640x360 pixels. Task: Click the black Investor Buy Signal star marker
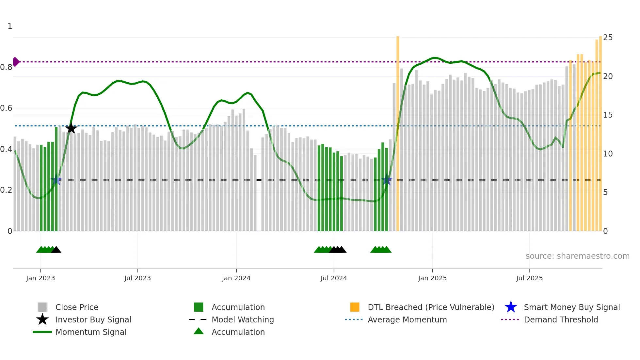click(x=71, y=128)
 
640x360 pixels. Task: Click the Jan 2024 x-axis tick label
click(x=236, y=278)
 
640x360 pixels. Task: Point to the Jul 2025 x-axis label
click(x=529, y=278)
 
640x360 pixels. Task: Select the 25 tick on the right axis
click(x=608, y=38)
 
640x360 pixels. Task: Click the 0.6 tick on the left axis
click(x=6, y=108)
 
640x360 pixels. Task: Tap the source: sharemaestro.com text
click(x=577, y=256)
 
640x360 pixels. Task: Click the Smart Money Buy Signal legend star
click(x=511, y=307)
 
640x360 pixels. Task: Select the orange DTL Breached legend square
click(x=355, y=307)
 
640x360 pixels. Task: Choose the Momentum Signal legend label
click(x=91, y=332)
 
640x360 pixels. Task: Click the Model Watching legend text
click(x=243, y=319)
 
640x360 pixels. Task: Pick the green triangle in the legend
click(x=199, y=331)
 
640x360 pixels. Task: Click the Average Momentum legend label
click(x=407, y=319)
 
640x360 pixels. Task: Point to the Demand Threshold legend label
click(x=561, y=319)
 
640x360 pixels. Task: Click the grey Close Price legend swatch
click(x=42, y=307)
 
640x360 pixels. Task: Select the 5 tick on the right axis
click(x=605, y=192)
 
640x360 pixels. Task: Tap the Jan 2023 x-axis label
click(x=40, y=278)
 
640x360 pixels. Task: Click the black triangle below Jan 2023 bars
click(x=56, y=250)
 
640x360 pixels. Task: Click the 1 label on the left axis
click(x=10, y=26)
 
